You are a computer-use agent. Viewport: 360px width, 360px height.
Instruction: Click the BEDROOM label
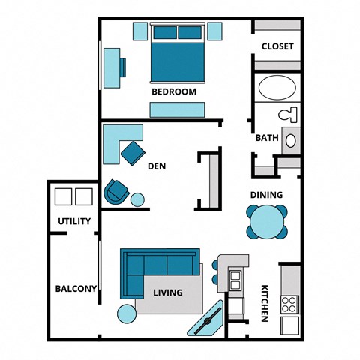[x=174, y=91]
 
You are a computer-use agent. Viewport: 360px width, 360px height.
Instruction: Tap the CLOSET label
[x=277, y=46]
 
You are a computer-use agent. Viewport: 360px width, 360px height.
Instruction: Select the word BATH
[x=267, y=138]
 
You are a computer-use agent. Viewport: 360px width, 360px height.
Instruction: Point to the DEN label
[x=157, y=166]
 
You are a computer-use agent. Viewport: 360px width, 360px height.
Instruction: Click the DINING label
[x=266, y=195]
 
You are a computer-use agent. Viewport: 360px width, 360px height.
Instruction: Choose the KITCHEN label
[x=264, y=304]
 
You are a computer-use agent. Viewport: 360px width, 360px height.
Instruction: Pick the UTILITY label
[x=74, y=221]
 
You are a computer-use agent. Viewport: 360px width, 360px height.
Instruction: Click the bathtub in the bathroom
[x=277, y=88]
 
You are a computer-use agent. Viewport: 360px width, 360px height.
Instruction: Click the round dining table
[x=266, y=222]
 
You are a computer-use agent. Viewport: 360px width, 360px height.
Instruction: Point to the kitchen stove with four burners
[x=289, y=304]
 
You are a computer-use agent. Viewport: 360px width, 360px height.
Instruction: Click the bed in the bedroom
[x=177, y=54]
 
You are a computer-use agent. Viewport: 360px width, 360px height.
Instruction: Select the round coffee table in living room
[x=126, y=312]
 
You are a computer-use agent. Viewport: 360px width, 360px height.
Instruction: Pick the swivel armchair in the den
[x=116, y=191]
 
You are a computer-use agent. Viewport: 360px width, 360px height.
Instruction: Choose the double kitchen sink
[x=235, y=280]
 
